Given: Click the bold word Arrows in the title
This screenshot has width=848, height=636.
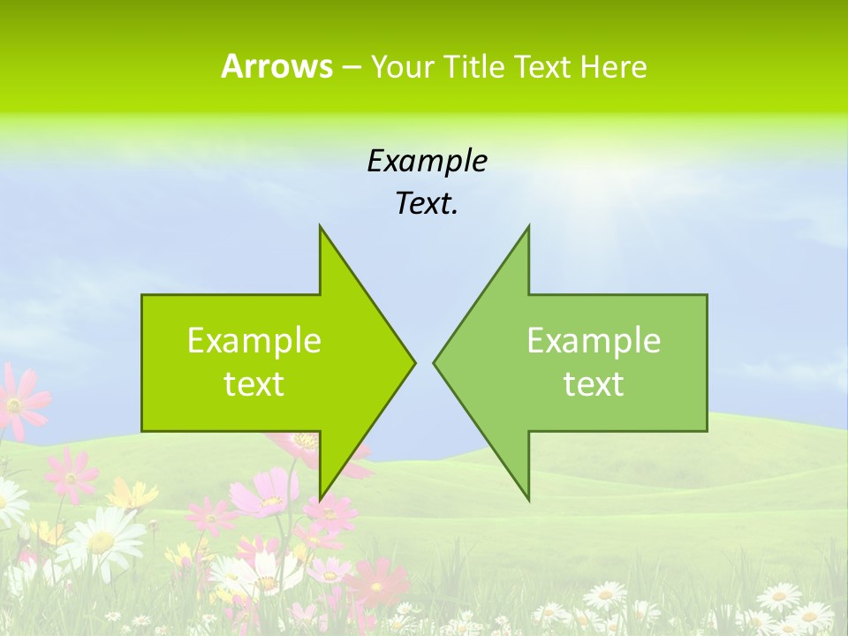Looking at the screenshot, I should [x=276, y=66].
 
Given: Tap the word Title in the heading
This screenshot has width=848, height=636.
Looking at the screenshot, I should [x=477, y=67].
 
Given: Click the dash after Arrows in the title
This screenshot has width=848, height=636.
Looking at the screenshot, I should [x=351, y=67].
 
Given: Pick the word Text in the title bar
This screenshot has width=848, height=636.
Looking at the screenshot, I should [x=543, y=67].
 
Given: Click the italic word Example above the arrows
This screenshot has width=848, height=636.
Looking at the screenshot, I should [x=427, y=161].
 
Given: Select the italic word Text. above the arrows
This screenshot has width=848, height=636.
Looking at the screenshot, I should [x=427, y=204].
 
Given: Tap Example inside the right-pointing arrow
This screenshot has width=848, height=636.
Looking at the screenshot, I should [x=254, y=340].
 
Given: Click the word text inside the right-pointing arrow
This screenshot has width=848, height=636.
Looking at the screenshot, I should [x=254, y=383].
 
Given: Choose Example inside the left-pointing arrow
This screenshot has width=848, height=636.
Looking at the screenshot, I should [x=594, y=340].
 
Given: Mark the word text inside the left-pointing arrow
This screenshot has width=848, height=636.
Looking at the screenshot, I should [x=594, y=383].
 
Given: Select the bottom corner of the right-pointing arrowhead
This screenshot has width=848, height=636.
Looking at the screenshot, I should [x=321, y=498].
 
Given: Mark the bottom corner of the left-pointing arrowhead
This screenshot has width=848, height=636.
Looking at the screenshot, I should [x=528, y=498].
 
